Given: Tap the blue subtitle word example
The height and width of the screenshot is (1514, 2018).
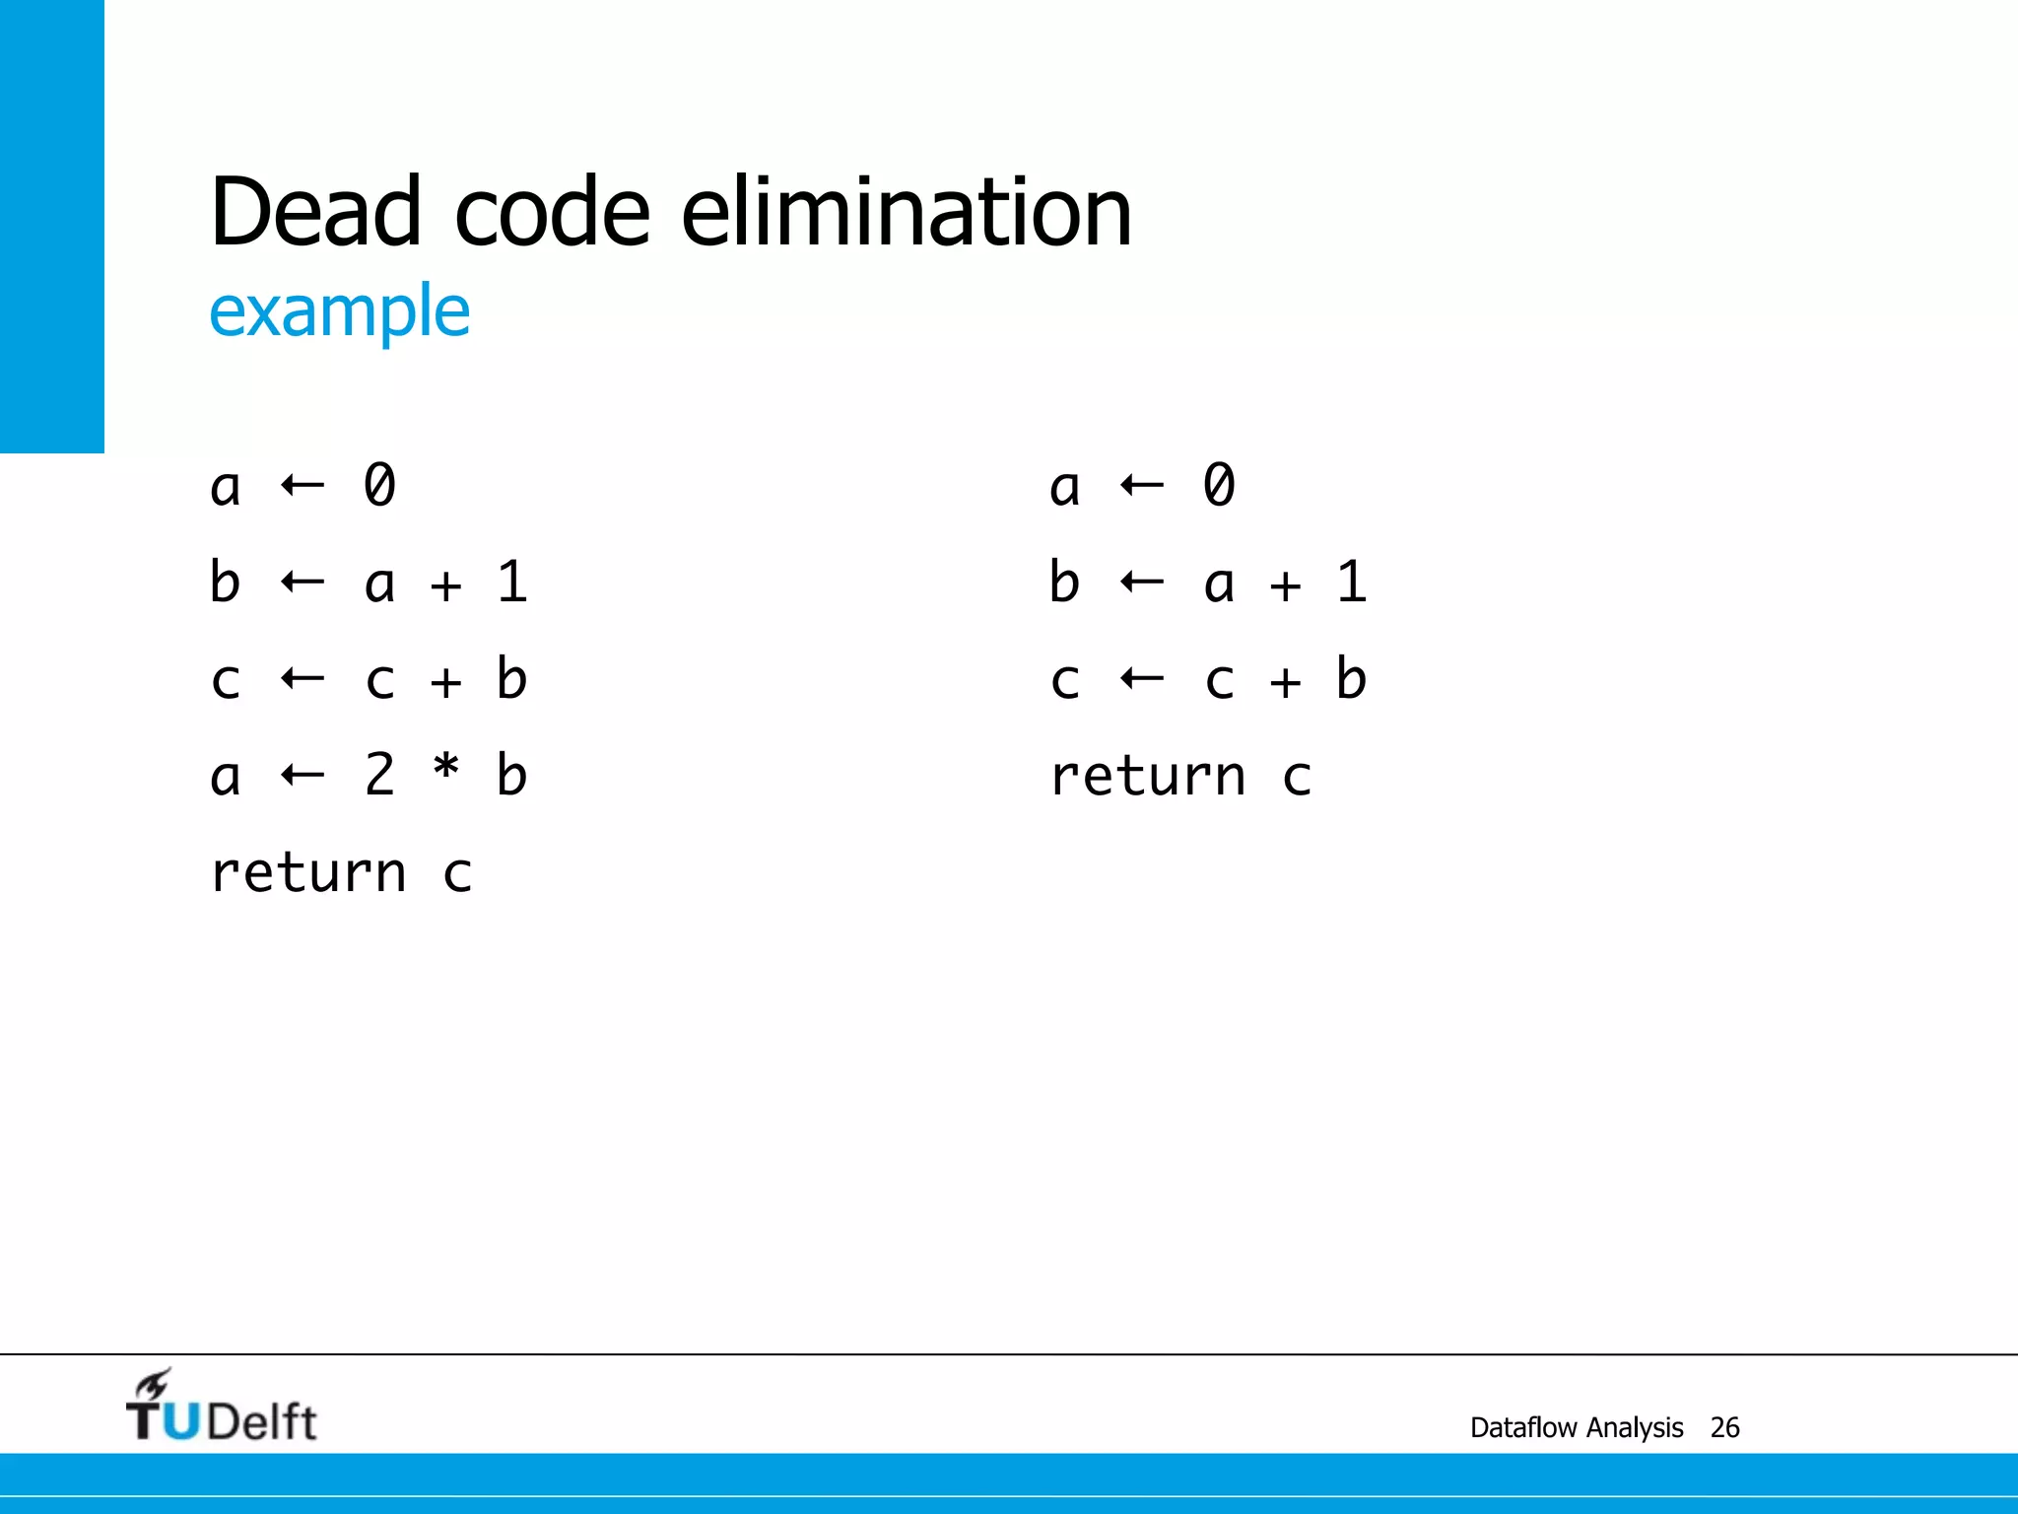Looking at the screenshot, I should click(x=340, y=311).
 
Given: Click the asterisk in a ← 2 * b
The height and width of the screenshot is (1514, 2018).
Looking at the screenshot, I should click(x=446, y=770).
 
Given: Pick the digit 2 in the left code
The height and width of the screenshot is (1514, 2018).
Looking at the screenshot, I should click(x=380, y=774).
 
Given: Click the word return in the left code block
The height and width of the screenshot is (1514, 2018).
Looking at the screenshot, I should click(x=308, y=873).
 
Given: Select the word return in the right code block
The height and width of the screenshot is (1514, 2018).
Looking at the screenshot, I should click(x=1148, y=777).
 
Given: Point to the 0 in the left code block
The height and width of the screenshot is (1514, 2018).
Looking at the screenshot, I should click(x=380, y=485).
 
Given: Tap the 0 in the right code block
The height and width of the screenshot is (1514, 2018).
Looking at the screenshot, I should click(x=1219, y=485).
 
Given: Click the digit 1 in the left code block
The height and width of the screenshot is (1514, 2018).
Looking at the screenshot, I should click(x=512, y=582).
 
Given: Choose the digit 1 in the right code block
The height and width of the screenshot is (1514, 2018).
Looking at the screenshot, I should click(x=1352, y=582).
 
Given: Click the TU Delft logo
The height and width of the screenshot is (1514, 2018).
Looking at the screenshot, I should click(x=221, y=1408).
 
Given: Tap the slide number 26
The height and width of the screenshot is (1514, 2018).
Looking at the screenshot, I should click(x=1724, y=1427).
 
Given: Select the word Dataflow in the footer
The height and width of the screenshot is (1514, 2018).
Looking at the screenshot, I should click(x=1525, y=1427).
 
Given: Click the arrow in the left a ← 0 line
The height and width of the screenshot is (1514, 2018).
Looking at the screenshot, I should click(x=303, y=485).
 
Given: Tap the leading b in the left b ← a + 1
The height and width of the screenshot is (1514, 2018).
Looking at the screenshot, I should click(x=225, y=582).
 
